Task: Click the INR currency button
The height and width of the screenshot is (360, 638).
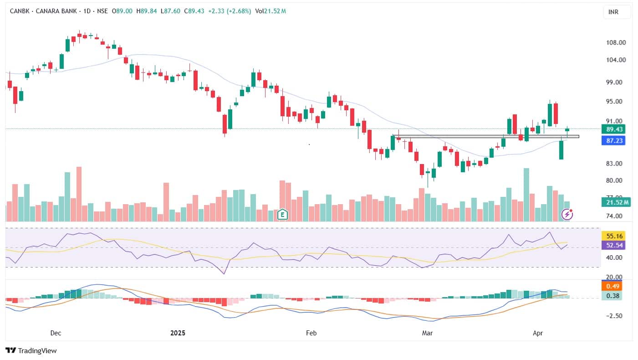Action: [x=613, y=12]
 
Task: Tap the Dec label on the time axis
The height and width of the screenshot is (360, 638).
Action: [x=56, y=333]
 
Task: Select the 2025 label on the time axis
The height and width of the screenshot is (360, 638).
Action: [x=178, y=333]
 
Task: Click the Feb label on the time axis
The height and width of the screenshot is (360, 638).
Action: [x=311, y=333]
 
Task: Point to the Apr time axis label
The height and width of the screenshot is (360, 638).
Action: [x=538, y=333]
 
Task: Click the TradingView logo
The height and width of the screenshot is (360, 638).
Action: [x=31, y=350]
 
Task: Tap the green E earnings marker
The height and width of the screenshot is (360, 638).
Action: [x=283, y=214]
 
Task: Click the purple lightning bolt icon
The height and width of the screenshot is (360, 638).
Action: [x=567, y=214]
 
